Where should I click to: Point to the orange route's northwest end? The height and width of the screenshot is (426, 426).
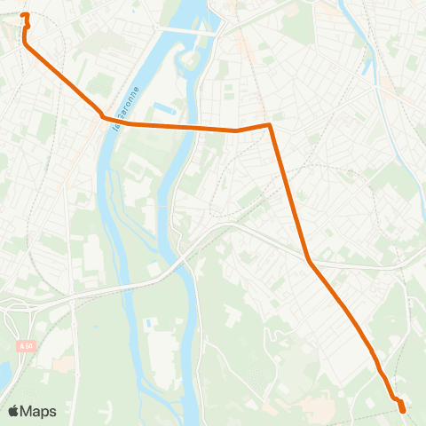click(x=24, y=15)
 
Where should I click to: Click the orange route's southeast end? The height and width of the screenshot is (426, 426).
click(x=403, y=410)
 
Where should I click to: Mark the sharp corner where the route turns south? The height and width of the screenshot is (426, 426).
click(x=269, y=125)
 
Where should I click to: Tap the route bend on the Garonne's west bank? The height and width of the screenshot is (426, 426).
click(x=103, y=117)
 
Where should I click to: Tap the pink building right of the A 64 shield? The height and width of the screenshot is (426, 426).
click(x=62, y=363)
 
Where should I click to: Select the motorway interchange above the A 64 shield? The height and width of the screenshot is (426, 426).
click(x=18, y=306)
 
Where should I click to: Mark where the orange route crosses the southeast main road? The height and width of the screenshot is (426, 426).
click(x=309, y=262)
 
